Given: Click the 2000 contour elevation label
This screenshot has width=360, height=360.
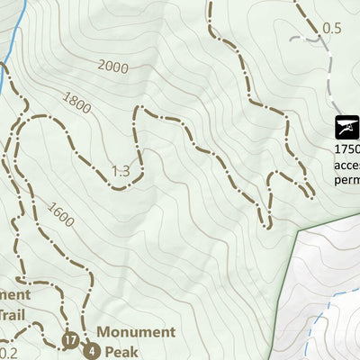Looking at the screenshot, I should point(113,67).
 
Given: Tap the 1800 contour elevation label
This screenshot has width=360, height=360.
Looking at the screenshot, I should point(77,104).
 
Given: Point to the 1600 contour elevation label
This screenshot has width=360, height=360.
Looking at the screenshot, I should point(61,216).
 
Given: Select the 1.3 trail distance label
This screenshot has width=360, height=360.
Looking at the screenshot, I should point(121,171).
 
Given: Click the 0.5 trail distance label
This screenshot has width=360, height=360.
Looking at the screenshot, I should point(332,28).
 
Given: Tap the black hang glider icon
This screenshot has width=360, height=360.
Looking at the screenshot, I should point(346,126).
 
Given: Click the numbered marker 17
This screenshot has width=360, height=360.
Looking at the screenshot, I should point(71,339).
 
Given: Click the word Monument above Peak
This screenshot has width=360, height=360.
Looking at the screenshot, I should point(135,332).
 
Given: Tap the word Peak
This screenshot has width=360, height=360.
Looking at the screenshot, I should point(121,351).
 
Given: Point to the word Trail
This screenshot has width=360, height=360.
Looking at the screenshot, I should point(13,315).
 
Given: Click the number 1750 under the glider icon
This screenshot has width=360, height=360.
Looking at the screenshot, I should point(346,149).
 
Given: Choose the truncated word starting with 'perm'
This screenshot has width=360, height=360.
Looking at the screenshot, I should point(346,179).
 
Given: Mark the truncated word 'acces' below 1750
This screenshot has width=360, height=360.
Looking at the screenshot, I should point(346,165).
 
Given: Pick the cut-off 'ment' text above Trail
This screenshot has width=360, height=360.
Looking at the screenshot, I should point(15,294).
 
